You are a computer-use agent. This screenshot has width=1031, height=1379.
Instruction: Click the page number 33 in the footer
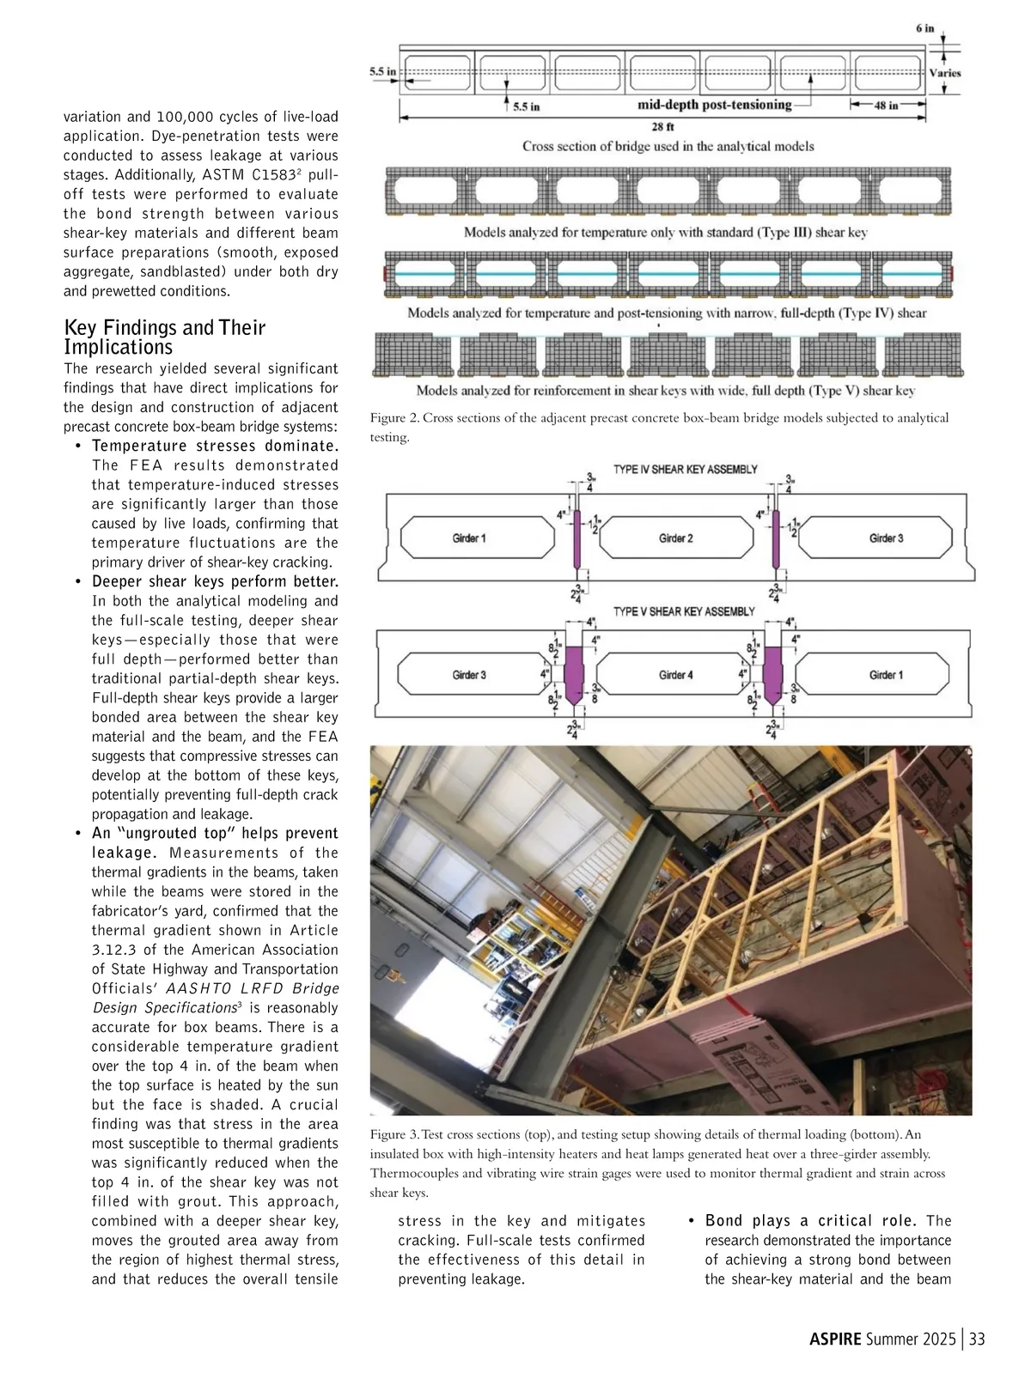tap(977, 1340)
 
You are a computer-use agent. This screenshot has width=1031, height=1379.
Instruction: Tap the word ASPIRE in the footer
tap(835, 1340)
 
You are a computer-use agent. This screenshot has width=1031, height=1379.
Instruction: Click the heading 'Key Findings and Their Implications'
tap(164, 337)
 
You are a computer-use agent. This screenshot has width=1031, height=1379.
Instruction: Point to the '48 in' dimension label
tap(886, 106)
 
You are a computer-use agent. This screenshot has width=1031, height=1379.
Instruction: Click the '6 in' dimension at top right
tap(924, 28)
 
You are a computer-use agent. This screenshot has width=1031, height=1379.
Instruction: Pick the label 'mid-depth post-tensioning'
tap(714, 105)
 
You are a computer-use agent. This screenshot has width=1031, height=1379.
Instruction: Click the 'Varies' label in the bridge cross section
tap(945, 73)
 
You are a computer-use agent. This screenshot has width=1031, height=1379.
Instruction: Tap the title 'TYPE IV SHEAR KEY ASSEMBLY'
tap(686, 470)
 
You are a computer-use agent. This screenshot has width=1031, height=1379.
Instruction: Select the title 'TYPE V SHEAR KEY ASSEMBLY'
tap(684, 611)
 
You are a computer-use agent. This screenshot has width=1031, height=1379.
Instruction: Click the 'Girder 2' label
tap(676, 538)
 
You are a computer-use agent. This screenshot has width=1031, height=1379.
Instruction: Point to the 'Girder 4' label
tap(676, 675)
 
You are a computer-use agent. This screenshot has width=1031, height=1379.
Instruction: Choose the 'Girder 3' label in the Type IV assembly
tap(886, 538)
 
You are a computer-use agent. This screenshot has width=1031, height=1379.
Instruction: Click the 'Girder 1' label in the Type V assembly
tap(886, 675)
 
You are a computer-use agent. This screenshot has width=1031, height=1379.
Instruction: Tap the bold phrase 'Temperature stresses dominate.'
tap(215, 446)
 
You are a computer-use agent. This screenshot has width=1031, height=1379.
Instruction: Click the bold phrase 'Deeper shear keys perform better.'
tap(215, 581)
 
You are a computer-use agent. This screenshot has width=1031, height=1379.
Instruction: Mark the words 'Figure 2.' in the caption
tap(394, 418)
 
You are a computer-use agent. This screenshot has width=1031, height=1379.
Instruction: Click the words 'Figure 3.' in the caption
tap(394, 1134)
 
